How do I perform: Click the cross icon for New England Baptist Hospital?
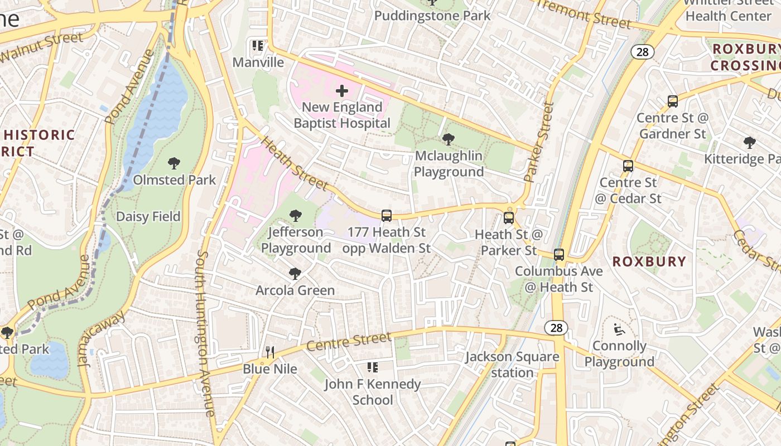pyautogui.click(x=342, y=90)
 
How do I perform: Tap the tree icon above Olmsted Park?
pyautogui.click(x=174, y=163)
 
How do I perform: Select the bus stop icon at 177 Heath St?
pyautogui.click(x=386, y=216)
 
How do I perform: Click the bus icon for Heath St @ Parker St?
pyautogui.click(x=509, y=218)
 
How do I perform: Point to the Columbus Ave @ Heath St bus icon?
pyautogui.click(x=559, y=255)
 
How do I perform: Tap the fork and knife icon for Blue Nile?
pyautogui.click(x=270, y=352)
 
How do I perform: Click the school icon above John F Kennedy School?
pyautogui.click(x=372, y=367)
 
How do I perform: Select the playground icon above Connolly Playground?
pyautogui.click(x=619, y=329)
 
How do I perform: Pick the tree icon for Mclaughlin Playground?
pyautogui.click(x=448, y=139)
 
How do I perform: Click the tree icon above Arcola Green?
pyautogui.click(x=295, y=274)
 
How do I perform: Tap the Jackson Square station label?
pyautogui.click(x=512, y=365)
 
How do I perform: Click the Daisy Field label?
pyautogui.click(x=148, y=216)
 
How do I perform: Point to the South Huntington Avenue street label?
pyautogui.click(x=204, y=333)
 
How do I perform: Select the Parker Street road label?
pyautogui.click(x=539, y=142)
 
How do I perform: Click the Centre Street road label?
pyautogui.click(x=349, y=341)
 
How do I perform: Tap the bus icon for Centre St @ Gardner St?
pyautogui.click(x=673, y=101)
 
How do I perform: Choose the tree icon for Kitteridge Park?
pyautogui.click(x=749, y=143)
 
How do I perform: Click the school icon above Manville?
pyautogui.click(x=257, y=46)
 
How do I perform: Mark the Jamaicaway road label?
pyautogui.click(x=102, y=338)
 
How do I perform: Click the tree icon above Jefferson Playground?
pyautogui.click(x=296, y=216)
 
